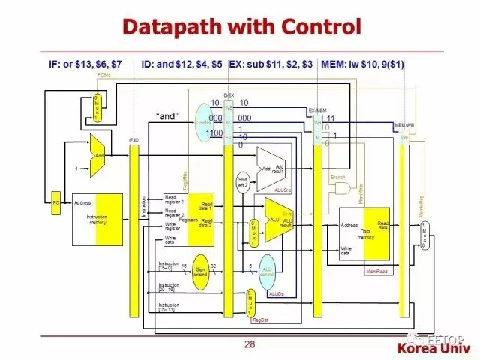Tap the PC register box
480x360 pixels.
coord(55,202)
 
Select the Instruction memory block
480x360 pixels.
coord(97,218)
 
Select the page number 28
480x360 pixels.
coord(250,343)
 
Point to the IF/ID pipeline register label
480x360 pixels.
coord(134,140)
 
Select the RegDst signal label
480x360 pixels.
coord(260,319)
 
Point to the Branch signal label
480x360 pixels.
coord(338,177)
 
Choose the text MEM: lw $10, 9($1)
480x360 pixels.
coord(362,64)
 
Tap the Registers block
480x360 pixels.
coord(189,220)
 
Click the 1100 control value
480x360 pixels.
coord(214,133)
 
